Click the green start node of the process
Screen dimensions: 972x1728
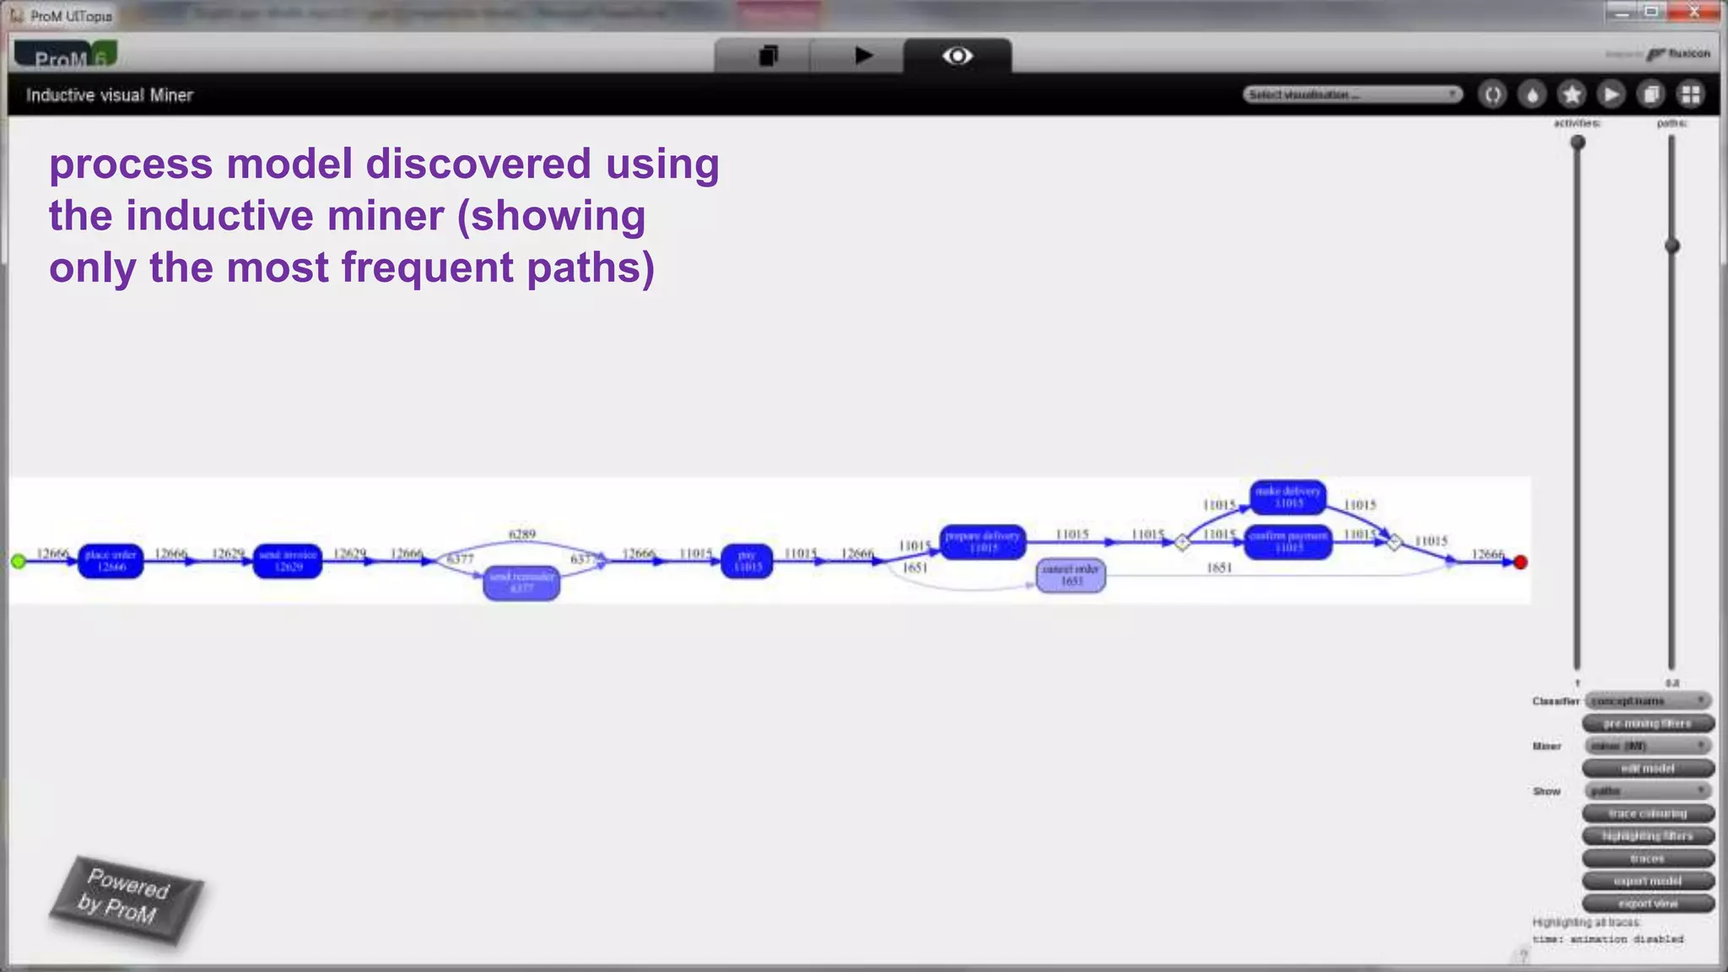click(19, 561)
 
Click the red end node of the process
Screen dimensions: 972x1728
click(1520, 562)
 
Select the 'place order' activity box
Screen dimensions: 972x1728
click(111, 560)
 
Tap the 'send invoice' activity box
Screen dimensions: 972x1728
click(288, 560)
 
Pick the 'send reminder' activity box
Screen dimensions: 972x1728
click(521, 582)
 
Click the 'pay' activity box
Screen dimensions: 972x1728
click(747, 561)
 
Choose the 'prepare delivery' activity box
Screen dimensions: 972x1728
click(983, 542)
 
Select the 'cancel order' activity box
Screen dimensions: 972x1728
click(1071, 575)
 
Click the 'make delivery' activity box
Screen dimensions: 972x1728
click(1288, 497)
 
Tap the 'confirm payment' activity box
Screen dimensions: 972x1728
click(1288, 542)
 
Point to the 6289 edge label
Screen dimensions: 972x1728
click(522, 534)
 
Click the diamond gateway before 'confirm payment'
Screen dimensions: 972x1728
click(1182, 542)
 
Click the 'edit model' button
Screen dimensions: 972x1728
click(1647, 768)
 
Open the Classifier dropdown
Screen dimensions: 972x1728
click(1647, 701)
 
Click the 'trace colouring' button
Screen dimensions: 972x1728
click(1647, 813)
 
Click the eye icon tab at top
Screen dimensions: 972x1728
click(958, 56)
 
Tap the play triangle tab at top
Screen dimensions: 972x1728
click(863, 56)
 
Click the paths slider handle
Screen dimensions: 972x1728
click(1671, 246)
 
